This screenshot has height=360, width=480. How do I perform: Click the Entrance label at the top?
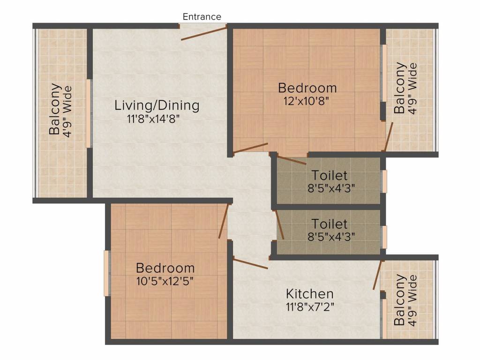[202, 16]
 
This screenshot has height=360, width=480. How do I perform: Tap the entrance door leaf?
[204, 34]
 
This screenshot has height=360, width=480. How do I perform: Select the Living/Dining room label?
[157, 105]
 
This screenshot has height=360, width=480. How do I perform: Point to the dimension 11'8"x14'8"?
[153, 119]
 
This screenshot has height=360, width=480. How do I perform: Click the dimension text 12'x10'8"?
[306, 101]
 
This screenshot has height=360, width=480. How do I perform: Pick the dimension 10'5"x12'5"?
[165, 281]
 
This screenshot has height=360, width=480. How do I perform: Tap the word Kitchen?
[310, 294]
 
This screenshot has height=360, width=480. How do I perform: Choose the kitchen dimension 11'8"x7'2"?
[310, 307]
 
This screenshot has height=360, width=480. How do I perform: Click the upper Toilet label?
[330, 175]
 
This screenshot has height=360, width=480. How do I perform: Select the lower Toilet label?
[330, 224]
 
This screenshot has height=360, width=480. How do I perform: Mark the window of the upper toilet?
[384, 181]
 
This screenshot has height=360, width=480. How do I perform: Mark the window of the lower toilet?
[384, 237]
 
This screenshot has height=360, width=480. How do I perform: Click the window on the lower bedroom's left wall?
[106, 273]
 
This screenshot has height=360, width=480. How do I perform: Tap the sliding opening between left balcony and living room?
[89, 113]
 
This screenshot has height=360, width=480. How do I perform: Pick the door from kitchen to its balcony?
[377, 275]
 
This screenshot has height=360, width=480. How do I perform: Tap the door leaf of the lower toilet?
[280, 225]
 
